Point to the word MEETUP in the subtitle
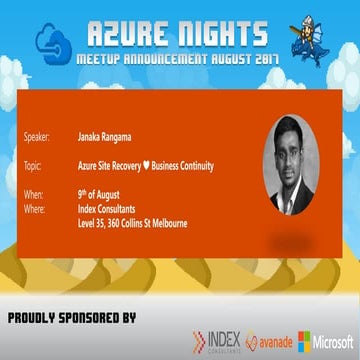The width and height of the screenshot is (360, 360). [x=108, y=61]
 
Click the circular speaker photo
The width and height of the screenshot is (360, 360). [x=292, y=161]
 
